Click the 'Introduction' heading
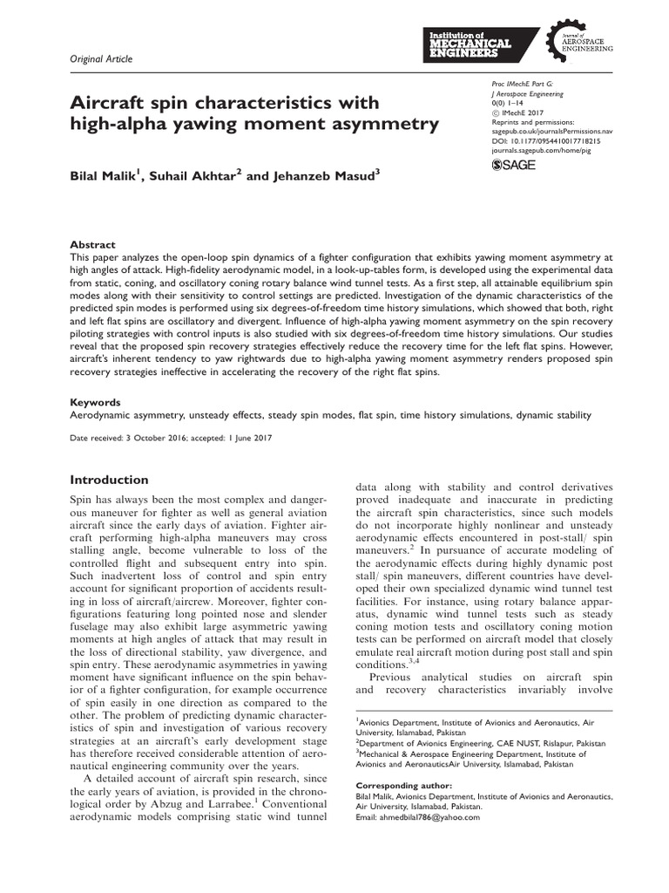point(110,480)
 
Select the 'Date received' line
point(171,438)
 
